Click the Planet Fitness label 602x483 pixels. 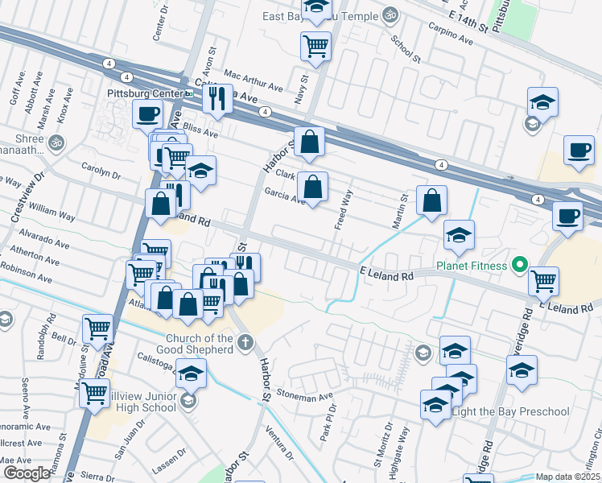click(472, 265)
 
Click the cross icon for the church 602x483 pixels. click(245, 343)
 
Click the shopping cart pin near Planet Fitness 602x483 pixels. click(544, 281)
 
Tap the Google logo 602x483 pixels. click(27, 473)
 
